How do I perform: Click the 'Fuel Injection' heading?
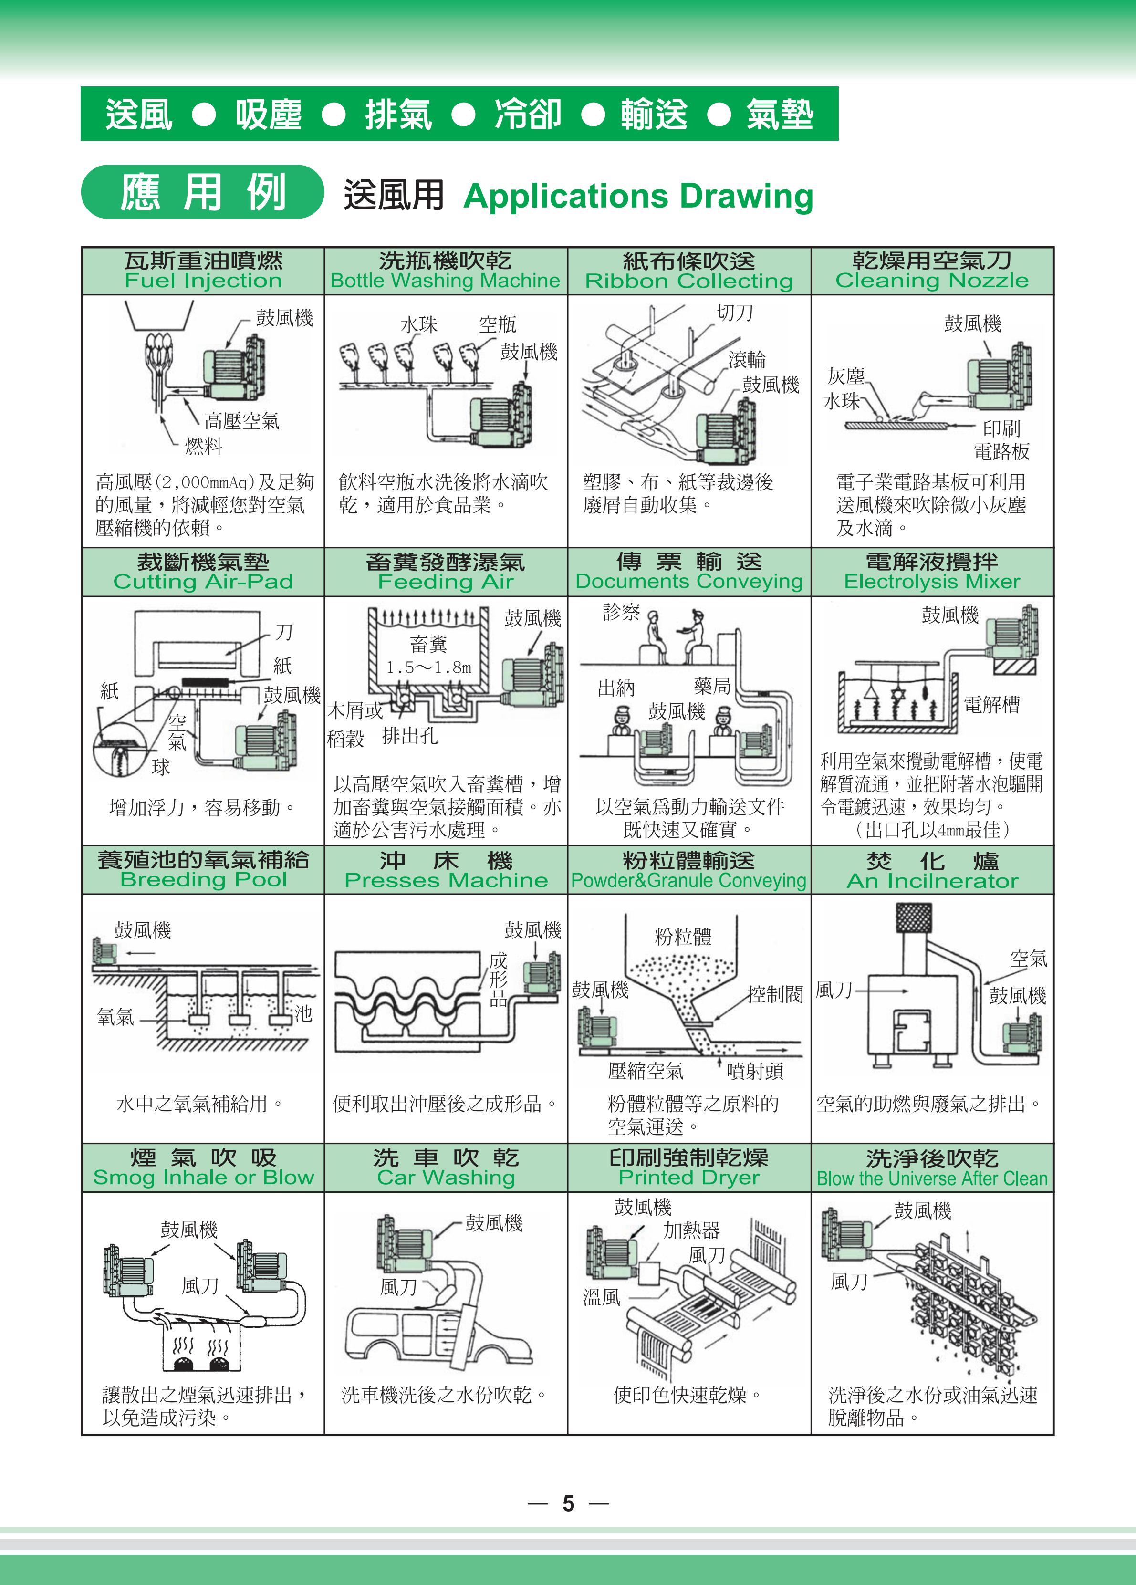click(x=203, y=281)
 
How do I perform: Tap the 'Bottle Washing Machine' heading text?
click(x=445, y=281)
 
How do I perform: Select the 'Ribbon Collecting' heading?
click(x=689, y=281)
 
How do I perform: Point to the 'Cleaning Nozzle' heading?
click(x=932, y=281)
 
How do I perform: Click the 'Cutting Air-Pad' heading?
click(x=203, y=582)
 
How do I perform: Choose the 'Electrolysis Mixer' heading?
click(x=932, y=582)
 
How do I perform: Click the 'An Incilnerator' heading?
click(x=932, y=881)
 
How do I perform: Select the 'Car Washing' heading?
click(x=446, y=1178)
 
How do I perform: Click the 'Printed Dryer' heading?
click(x=689, y=1178)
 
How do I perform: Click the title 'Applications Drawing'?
click(x=638, y=197)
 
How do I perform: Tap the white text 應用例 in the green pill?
click(x=203, y=192)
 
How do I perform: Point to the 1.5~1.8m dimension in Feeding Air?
click(x=429, y=667)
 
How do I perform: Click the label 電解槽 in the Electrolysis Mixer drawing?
click(x=991, y=704)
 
